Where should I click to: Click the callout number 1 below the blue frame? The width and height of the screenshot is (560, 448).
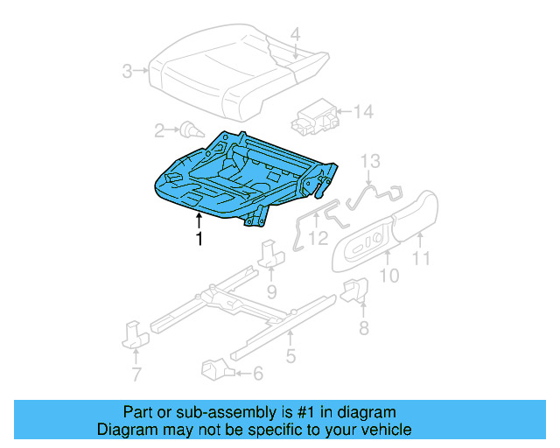pyautogui.click(x=199, y=238)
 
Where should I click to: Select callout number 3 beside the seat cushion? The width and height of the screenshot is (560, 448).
pyautogui.click(x=128, y=71)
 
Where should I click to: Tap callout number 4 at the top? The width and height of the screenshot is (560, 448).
pyautogui.click(x=295, y=35)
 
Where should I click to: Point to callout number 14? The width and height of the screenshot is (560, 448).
pyautogui.click(x=363, y=111)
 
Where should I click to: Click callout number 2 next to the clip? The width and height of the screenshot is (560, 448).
pyautogui.click(x=159, y=131)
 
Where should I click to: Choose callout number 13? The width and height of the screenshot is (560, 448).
pyautogui.click(x=371, y=160)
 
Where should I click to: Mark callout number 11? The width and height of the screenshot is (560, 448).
pyautogui.click(x=422, y=258)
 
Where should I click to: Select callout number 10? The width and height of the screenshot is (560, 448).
pyautogui.click(x=388, y=276)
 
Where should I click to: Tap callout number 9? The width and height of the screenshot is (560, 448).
pyautogui.click(x=271, y=290)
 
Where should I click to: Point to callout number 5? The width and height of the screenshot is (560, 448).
pyautogui.click(x=290, y=355)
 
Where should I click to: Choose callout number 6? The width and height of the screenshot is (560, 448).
pyautogui.click(x=257, y=373)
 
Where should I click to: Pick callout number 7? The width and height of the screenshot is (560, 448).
pyautogui.click(x=136, y=376)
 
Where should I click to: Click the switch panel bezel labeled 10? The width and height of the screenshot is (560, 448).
pyautogui.click(x=364, y=243)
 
